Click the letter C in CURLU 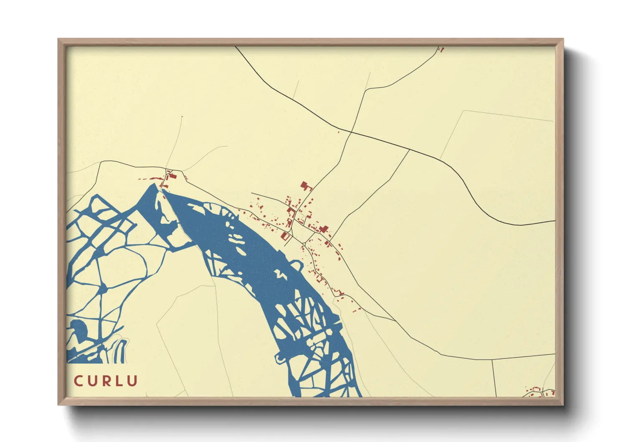coord(78,381)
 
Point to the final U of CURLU coord(133,381)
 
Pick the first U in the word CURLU coord(92,381)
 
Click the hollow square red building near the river coord(286,236)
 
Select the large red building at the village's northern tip coord(305,185)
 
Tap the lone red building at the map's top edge coord(441,49)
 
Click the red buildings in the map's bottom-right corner coord(539,393)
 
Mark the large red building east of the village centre coord(324,229)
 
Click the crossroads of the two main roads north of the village coord(352,132)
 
